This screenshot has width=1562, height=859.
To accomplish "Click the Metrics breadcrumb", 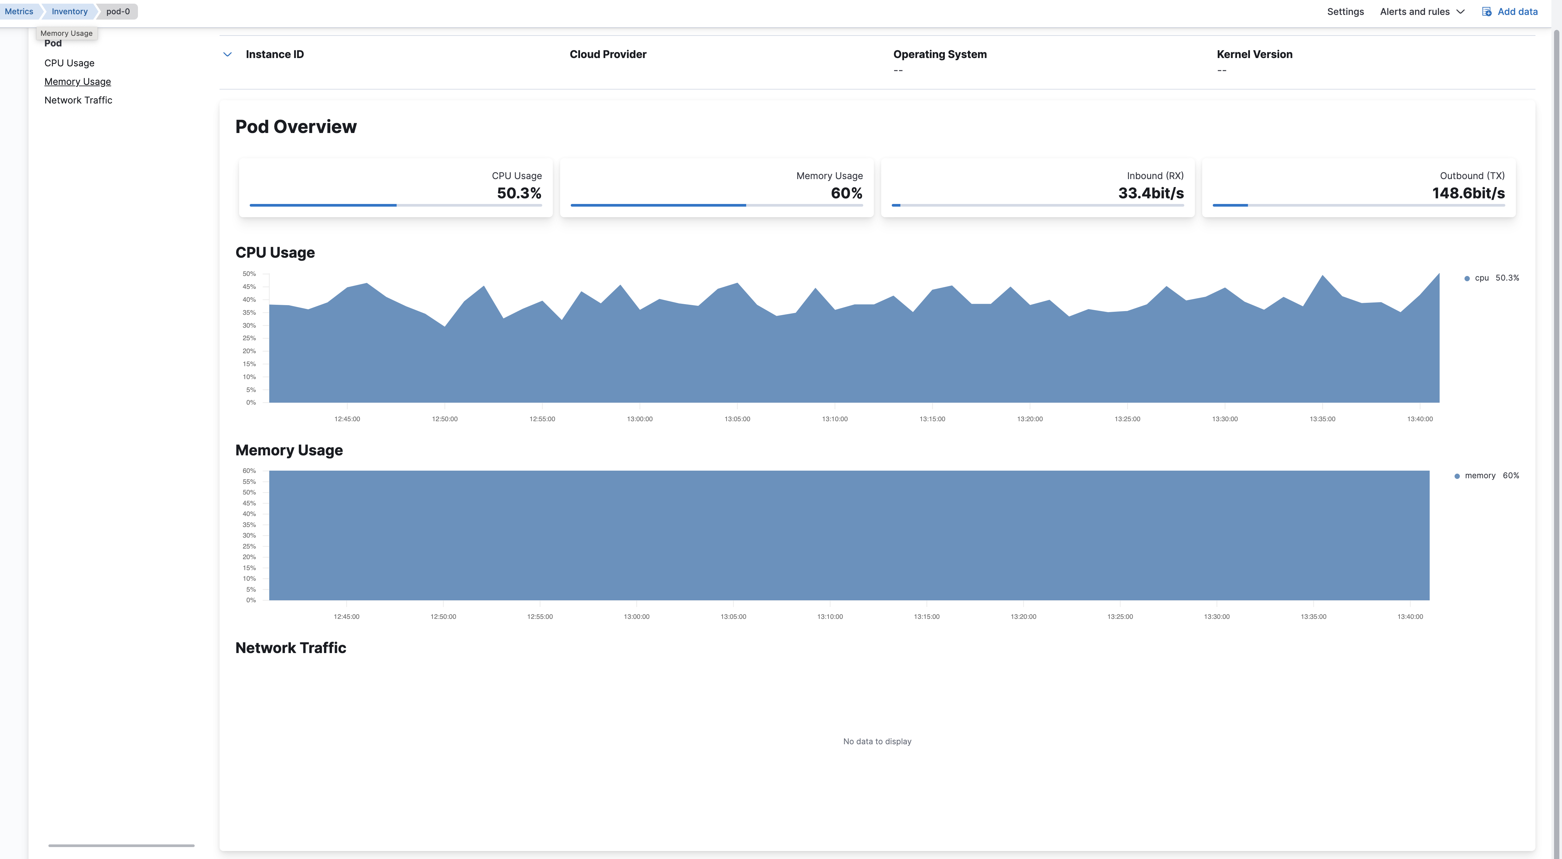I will tap(19, 12).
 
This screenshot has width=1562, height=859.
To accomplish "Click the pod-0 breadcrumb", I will tap(118, 12).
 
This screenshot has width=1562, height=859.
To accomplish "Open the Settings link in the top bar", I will tap(1345, 12).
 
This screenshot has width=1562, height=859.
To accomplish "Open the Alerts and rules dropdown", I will tap(1421, 12).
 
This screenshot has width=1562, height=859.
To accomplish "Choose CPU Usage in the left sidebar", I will tap(69, 63).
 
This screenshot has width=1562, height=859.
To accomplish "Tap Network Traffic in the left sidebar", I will tap(78, 100).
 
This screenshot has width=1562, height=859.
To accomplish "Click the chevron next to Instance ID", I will tap(228, 55).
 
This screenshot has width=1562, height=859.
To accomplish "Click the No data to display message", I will tap(877, 741).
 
